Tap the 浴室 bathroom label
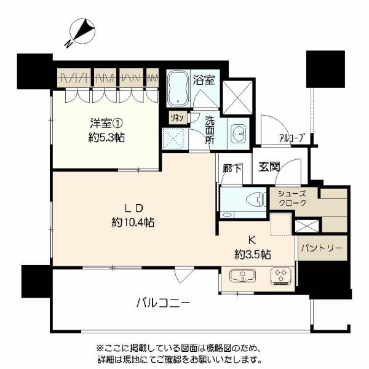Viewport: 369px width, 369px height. point(204,79)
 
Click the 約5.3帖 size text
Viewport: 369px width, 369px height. point(106,138)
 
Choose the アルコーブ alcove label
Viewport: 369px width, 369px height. point(291,138)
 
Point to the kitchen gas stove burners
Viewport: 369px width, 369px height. point(280,276)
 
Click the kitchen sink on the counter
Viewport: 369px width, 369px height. point(240,276)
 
